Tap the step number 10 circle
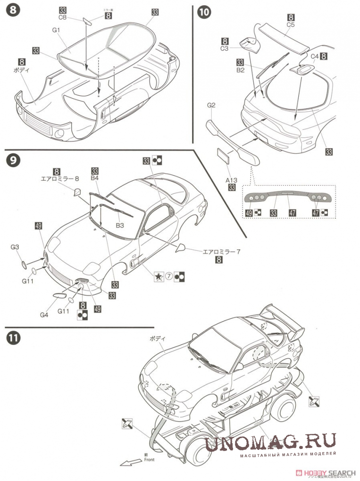pyautogui.click(x=204, y=13)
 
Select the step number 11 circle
pyautogui.click(x=13, y=339)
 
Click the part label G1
pyautogui.click(x=58, y=30)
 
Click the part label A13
pyautogui.click(x=232, y=180)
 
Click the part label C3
pyautogui.click(x=225, y=49)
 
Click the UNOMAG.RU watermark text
pyautogui.click(x=271, y=442)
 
